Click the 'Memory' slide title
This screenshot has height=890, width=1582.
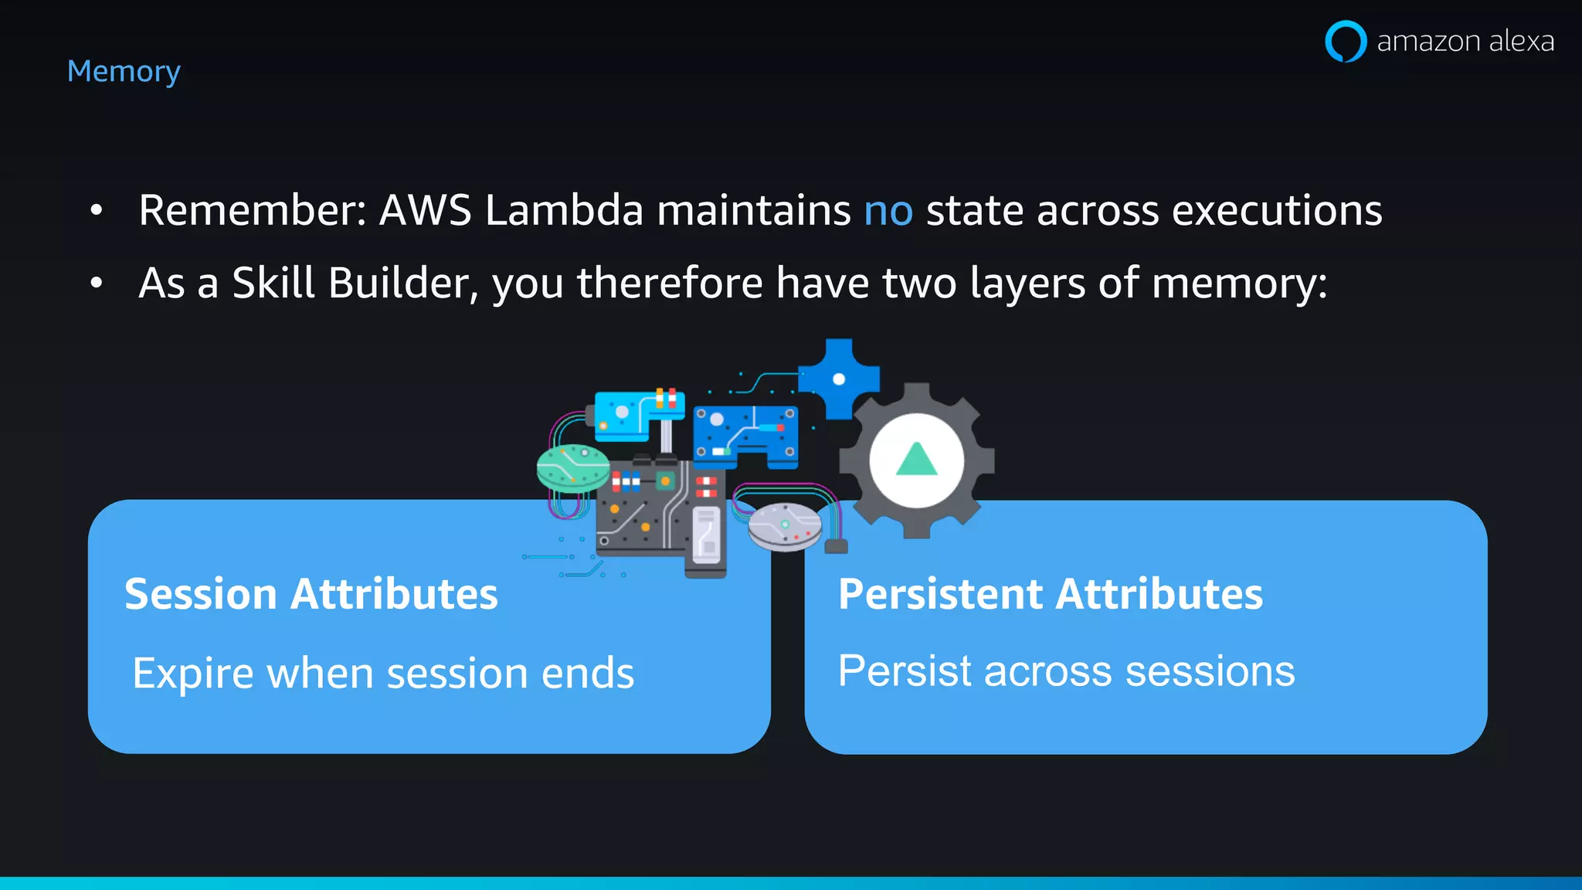(x=124, y=72)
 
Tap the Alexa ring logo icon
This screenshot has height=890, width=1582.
(x=1346, y=41)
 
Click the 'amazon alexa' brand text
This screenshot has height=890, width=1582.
(x=1465, y=41)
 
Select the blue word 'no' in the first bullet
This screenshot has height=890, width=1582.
(x=888, y=210)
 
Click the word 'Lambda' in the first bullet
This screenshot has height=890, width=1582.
(x=564, y=210)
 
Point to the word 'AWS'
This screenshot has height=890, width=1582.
(x=425, y=210)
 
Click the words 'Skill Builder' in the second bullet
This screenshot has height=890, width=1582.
(x=350, y=283)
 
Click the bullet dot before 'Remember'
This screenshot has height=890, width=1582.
(x=96, y=210)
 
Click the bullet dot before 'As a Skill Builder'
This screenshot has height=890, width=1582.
(x=96, y=283)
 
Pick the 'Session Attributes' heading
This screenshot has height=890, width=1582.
(x=311, y=594)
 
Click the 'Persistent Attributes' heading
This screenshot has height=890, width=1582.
(x=1051, y=594)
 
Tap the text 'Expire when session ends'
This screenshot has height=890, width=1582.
(x=383, y=673)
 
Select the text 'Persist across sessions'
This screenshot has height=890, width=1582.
(x=1066, y=671)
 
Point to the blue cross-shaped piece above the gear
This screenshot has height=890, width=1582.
(x=839, y=379)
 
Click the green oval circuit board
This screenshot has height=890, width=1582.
(x=573, y=467)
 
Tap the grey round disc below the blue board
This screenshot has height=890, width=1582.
(x=785, y=527)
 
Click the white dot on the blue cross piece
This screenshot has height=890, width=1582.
(x=839, y=379)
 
